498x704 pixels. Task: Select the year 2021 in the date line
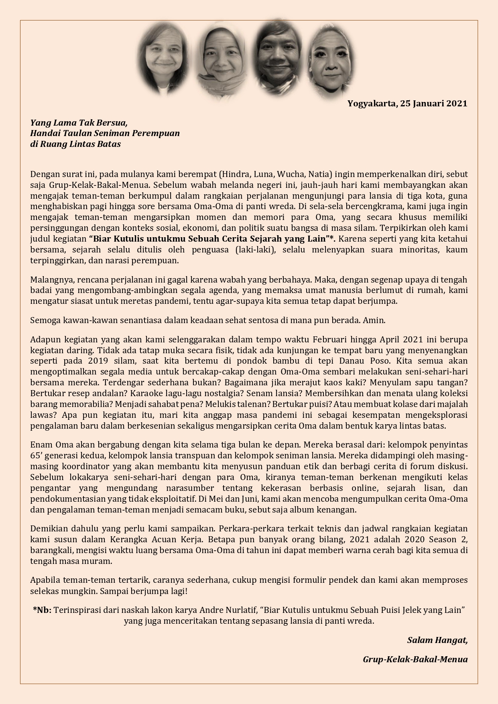click(x=457, y=104)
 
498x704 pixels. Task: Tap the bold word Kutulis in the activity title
click(x=126, y=239)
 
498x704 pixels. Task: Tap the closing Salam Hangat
click(x=437, y=640)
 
